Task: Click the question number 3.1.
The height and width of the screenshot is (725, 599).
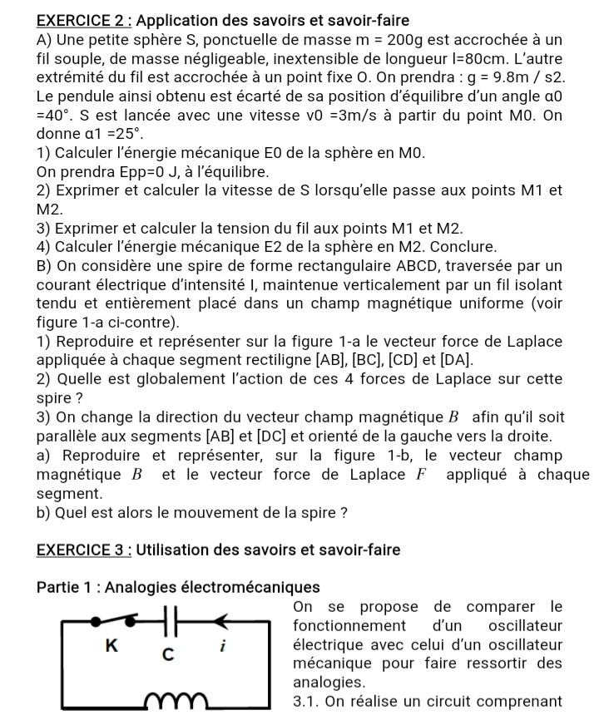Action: (309, 701)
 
